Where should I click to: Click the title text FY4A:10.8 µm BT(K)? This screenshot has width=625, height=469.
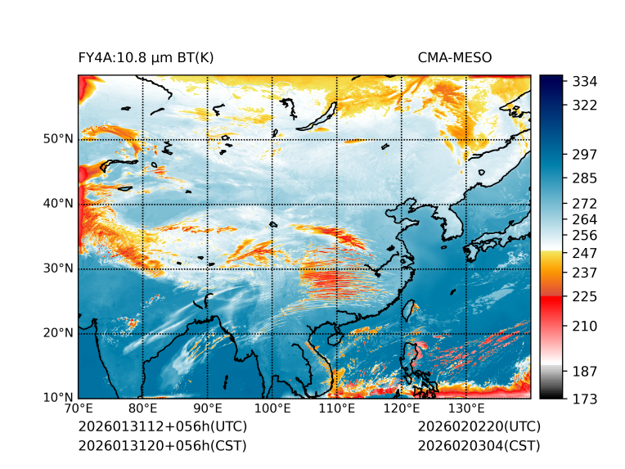[146, 58]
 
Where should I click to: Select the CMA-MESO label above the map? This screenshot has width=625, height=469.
[455, 58]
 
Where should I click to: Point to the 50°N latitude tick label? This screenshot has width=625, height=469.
[58, 139]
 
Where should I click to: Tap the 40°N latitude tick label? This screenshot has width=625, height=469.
[58, 204]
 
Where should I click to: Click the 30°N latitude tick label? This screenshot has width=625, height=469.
[58, 268]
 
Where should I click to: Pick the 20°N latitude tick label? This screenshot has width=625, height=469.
[58, 333]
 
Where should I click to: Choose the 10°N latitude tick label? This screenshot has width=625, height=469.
[58, 399]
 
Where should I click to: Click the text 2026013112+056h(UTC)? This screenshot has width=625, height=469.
[162, 426]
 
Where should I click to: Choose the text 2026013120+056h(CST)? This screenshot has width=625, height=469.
[162, 445]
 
